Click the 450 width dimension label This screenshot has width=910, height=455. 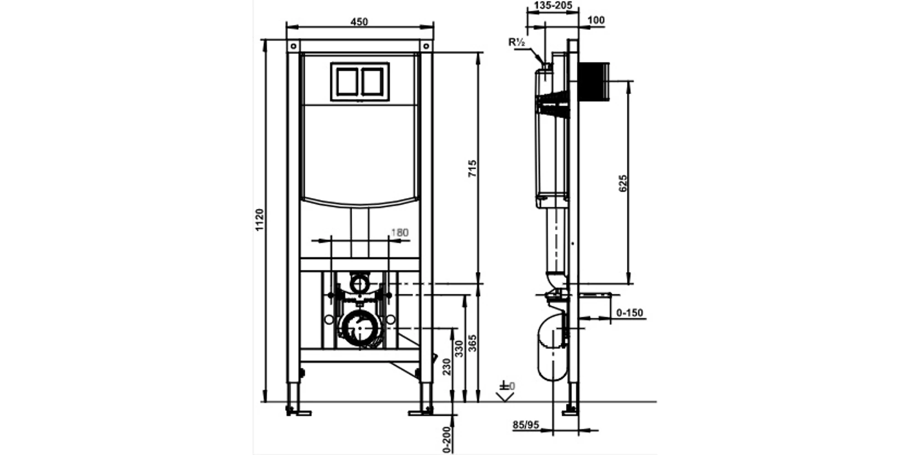[359, 21]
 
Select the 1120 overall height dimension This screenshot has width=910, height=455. [259, 220]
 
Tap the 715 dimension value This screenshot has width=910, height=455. [472, 168]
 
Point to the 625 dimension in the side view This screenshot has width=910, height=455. [623, 183]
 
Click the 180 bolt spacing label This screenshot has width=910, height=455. [399, 233]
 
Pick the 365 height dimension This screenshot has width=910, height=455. [472, 343]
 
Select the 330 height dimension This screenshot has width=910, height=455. [459, 349]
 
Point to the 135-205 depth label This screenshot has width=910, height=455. [552, 6]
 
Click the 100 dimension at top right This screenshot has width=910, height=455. [596, 20]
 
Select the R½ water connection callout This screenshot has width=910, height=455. [517, 42]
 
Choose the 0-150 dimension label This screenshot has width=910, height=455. [630, 313]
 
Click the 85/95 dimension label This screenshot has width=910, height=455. [526, 425]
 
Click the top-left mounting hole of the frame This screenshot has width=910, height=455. [293, 46]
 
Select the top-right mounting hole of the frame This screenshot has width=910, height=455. [426, 46]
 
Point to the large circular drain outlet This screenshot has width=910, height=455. [359, 329]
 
